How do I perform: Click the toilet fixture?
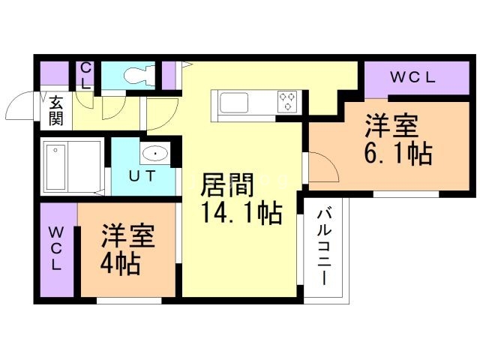point(137,75)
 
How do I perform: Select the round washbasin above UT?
point(154,156)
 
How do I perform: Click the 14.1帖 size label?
point(240,214)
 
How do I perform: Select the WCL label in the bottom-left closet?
point(57,248)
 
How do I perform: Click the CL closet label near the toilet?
point(86,75)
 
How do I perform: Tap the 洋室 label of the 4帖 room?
point(128,235)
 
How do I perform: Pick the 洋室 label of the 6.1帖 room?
point(391,124)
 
